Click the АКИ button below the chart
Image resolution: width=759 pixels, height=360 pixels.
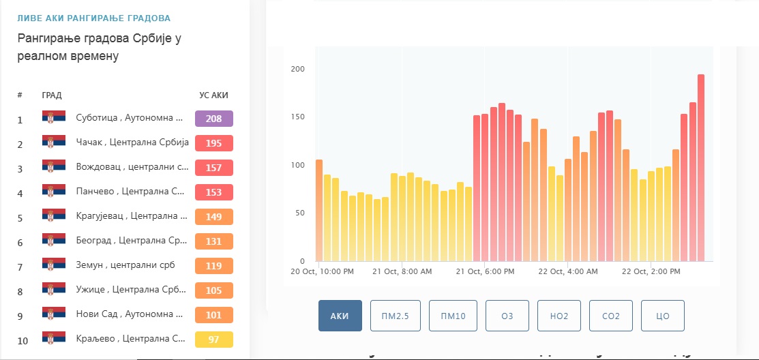tap(340, 316)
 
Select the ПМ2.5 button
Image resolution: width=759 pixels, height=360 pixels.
tap(396, 316)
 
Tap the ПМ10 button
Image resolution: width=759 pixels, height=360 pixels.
tap(453, 316)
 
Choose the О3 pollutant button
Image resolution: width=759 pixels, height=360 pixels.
tap(507, 316)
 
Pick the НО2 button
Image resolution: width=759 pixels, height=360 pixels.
tap(559, 316)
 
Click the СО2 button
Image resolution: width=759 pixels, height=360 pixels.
tap(611, 316)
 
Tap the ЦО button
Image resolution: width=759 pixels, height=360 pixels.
tap(663, 316)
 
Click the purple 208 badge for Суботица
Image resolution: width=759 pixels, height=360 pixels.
tap(214, 119)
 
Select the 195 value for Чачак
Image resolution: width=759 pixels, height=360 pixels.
tap(214, 143)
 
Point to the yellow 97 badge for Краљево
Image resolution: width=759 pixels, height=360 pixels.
tap(214, 340)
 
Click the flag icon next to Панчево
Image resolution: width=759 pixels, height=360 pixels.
tap(54, 191)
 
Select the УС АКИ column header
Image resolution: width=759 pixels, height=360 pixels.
tap(214, 95)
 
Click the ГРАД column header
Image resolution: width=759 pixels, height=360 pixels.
tap(52, 95)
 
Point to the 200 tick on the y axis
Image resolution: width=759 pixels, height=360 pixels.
tap(297, 69)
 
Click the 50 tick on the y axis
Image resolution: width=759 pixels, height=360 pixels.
tap(299, 213)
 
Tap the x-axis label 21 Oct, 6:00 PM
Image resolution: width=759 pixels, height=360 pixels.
tap(485, 271)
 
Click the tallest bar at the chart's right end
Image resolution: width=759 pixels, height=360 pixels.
tap(701, 168)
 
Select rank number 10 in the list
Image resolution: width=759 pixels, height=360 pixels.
tap(23, 341)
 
